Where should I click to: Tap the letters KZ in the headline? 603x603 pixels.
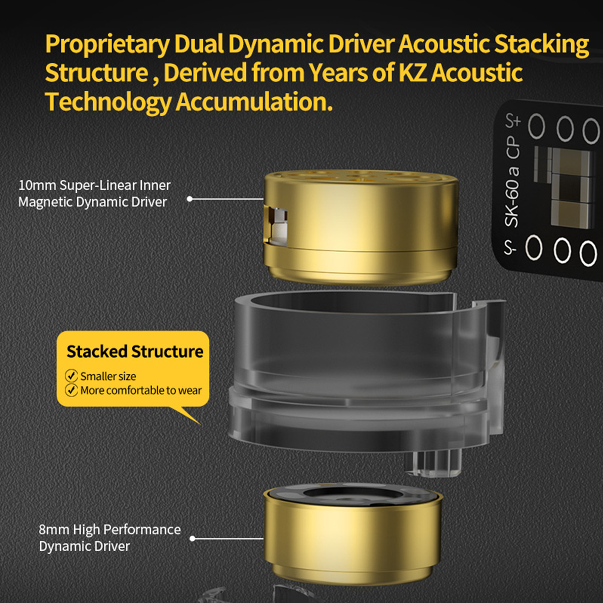[x=413, y=72]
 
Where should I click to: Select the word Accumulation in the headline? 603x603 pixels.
[x=254, y=102]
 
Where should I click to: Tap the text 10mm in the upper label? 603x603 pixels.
[x=37, y=185]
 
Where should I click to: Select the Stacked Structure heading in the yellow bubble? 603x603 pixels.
[x=135, y=351]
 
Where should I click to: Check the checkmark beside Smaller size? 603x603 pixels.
[x=71, y=376]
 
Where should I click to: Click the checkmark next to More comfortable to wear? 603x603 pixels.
[x=71, y=390]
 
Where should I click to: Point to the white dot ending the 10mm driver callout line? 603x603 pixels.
[x=190, y=199]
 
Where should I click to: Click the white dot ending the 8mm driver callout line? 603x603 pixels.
[x=193, y=539]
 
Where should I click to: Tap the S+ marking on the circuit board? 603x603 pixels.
[x=513, y=121]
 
